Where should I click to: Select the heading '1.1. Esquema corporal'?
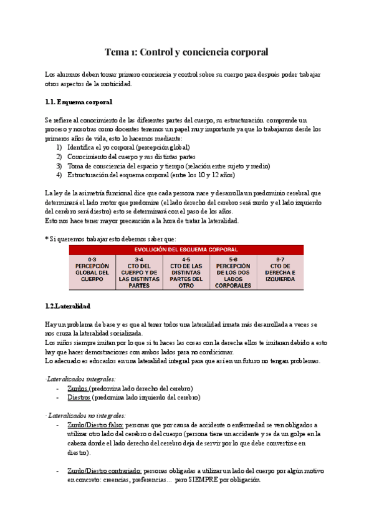pos(79,102)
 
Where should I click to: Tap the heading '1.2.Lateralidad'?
pos(68,306)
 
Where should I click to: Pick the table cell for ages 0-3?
pos(92,272)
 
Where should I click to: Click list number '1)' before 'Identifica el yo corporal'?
pos(59,147)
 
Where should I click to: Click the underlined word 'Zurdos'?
pos(77,388)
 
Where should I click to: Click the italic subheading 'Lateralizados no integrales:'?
pos(77,415)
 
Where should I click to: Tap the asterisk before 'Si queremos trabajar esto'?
pos(47,239)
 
